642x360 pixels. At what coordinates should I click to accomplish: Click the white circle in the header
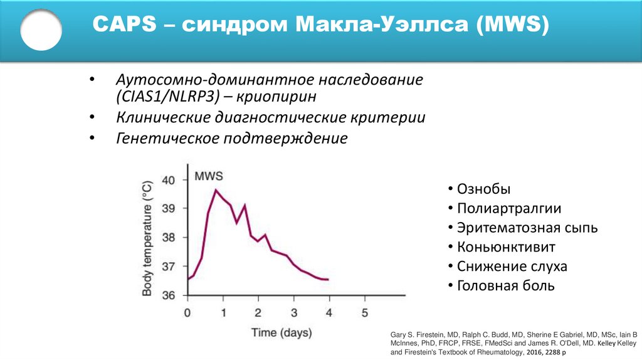41,29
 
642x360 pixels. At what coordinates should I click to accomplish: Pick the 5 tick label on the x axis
365,312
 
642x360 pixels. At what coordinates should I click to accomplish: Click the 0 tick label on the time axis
187,312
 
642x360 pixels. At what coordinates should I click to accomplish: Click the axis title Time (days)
282,332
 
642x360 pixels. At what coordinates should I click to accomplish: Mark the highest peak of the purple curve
216,189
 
